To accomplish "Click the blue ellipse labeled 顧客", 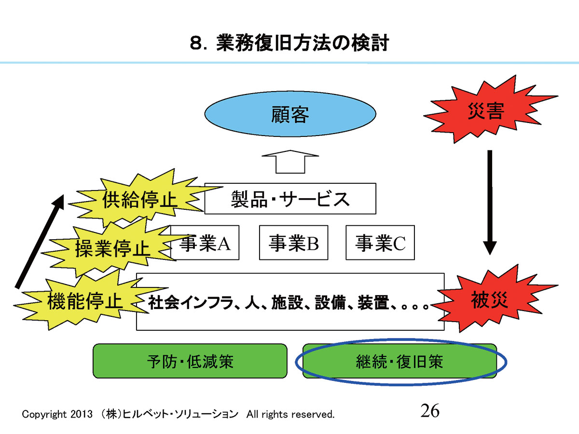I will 290,115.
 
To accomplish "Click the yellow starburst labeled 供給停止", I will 139,201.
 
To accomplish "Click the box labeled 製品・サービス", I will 290,199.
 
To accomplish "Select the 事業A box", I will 206,243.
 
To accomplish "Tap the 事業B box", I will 293,243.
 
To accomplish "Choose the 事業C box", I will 380,243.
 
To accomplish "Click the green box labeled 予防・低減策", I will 190,361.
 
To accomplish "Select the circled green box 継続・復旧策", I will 399,361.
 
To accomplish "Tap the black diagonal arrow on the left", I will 40,241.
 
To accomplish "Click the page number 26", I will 430,411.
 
